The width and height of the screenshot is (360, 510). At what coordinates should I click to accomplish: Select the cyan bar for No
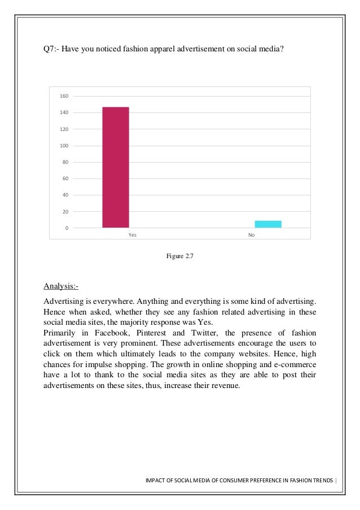268,224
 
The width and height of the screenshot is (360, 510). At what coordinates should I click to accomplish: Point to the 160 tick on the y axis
64,96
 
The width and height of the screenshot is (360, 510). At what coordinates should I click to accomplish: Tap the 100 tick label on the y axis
64,146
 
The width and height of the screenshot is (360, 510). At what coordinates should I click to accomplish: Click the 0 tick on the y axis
66,228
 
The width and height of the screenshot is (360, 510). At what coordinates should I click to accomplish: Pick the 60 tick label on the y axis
64,178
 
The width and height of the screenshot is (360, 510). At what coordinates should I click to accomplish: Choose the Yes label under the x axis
133,234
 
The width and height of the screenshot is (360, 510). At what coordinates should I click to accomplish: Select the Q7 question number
51,49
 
